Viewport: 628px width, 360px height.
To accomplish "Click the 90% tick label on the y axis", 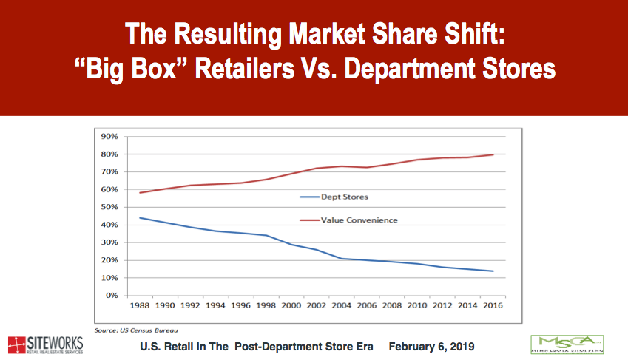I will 109,136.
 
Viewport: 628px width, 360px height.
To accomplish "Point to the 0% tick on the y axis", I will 112,296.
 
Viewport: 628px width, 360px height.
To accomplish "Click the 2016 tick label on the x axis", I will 492,305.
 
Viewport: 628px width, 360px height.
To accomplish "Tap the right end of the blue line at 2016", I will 493,271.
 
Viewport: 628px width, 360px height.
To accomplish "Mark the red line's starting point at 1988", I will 140,193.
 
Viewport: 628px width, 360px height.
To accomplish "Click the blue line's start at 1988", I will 140,217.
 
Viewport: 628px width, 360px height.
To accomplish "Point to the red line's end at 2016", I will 493,154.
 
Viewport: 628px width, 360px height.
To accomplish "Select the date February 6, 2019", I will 431,346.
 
